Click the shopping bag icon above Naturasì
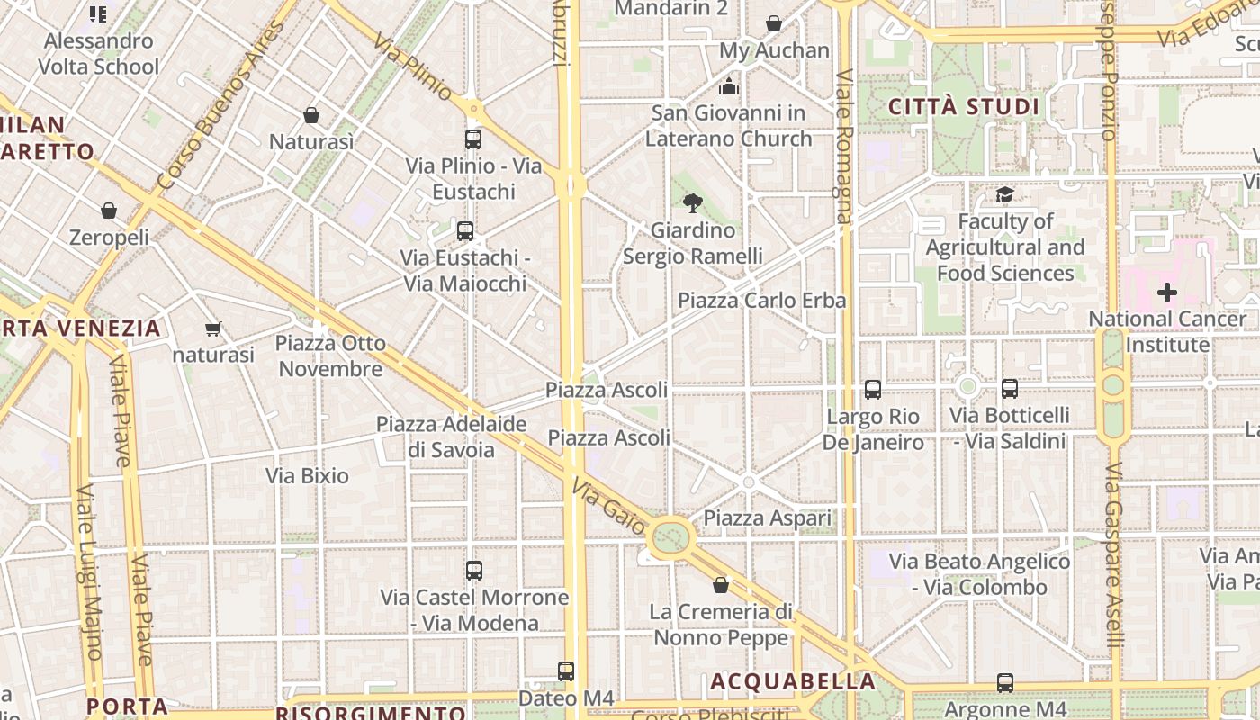[x=311, y=115]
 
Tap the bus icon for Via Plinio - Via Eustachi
[x=472, y=139]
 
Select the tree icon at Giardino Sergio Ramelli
[x=692, y=203]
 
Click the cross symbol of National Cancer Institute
[x=1167, y=292]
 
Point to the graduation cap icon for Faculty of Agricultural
[x=1004, y=194]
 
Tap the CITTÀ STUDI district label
[x=964, y=107]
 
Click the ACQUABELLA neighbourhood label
[x=793, y=681]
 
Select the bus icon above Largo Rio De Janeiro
[x=872, y=390]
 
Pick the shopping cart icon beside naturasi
[x=213, y=328]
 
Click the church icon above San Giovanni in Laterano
[x=728, y=86]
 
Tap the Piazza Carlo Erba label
[x=762, y=300]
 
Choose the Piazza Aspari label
[x=768, y=518]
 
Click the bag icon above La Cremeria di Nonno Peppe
[x=721, y=586]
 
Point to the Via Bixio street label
[x=307, y=475]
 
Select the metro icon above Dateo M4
[x=565, y=670]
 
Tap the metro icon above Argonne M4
[x=1004, y=683]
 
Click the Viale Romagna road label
[x=843, y=146]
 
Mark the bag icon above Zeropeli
[x=109, y=211]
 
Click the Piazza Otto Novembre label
[x=330, y=356]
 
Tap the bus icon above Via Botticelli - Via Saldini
[x=1010, y=389]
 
